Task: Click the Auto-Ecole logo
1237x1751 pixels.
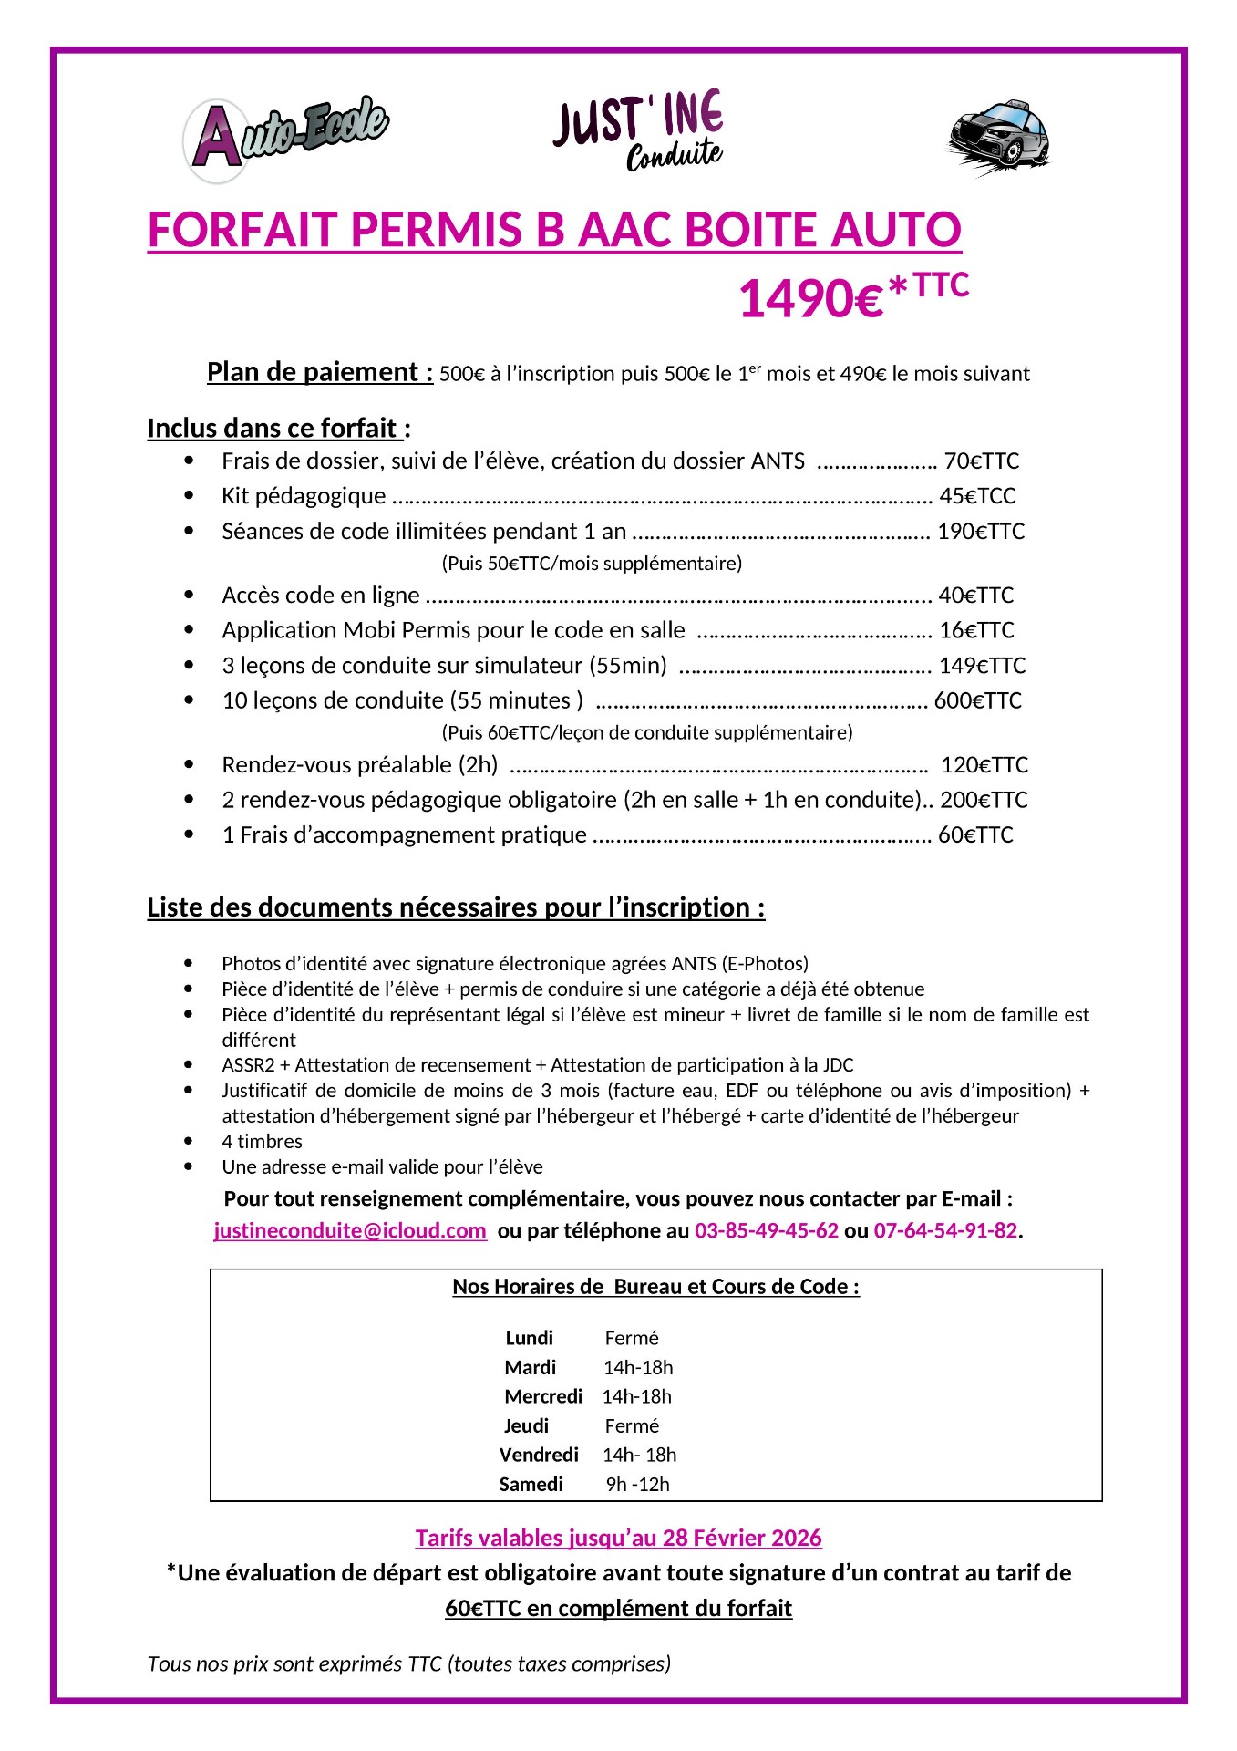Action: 286,138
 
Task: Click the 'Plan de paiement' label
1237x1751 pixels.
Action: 319,372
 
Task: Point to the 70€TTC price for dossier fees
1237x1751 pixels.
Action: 981,461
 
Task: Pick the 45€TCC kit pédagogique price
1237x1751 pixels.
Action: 977,496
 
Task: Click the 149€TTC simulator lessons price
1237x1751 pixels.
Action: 982,666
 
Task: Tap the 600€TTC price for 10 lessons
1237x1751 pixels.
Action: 977,700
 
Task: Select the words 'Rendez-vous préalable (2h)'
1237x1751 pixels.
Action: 360,765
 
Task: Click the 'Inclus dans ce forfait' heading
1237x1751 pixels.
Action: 278,429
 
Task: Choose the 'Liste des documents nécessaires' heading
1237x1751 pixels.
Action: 456,907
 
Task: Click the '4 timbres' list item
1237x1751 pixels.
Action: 262,1142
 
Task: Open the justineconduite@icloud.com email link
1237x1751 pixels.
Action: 350,1231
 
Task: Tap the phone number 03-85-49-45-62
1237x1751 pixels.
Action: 766,1231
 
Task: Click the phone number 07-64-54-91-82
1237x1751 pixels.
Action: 945,1231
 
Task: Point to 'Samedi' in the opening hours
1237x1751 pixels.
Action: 531,1485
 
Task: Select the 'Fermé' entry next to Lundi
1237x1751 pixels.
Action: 631,1339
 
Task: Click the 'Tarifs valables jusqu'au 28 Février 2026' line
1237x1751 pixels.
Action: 618,1539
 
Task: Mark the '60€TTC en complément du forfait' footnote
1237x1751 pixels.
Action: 618,1609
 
